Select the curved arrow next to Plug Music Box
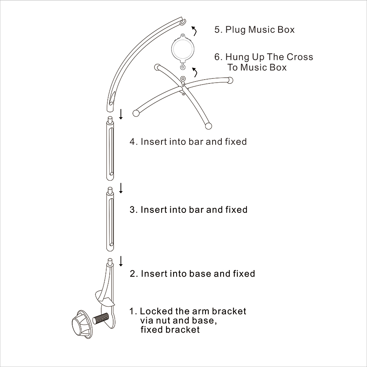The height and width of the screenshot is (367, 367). pos(194,31)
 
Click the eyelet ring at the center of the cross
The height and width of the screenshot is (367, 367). pos(183,78)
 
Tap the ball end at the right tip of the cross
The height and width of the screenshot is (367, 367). pos(230,80)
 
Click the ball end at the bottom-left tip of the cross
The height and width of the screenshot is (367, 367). pos(136,113)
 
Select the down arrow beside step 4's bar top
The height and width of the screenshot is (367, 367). pos(121,114)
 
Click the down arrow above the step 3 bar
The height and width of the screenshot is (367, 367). pos(121,188)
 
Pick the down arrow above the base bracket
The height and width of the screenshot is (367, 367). pos(121,261)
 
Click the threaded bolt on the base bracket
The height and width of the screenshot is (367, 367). pos(101,319)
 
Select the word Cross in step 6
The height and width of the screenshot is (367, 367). pos(300,57)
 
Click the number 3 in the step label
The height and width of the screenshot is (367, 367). pos(133,210)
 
